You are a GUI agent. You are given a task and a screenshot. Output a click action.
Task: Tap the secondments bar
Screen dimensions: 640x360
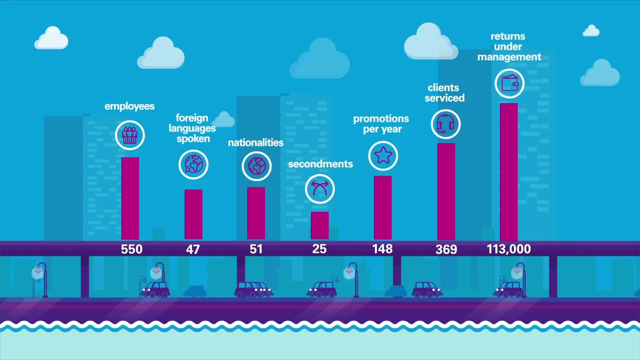319,225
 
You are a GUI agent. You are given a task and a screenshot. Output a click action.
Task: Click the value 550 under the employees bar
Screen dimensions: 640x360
131,249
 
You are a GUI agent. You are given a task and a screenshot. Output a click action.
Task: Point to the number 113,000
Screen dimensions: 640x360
508,249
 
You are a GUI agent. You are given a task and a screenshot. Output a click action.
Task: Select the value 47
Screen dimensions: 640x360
193,249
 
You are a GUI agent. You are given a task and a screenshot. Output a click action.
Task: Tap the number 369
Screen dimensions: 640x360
446,249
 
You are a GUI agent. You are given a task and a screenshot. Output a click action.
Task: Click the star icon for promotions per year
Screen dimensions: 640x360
383,155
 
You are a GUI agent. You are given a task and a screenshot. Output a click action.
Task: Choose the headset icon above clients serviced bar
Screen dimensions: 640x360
445,123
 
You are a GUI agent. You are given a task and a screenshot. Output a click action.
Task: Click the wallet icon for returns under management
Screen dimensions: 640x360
509,83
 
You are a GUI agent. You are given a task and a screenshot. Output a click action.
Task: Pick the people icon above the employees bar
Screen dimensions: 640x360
130,135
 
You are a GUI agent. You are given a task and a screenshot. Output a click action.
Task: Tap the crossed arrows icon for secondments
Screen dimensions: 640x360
320,188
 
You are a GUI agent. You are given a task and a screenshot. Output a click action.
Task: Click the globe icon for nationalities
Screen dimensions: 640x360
256,165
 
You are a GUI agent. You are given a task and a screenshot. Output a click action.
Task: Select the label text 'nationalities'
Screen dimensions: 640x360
255,142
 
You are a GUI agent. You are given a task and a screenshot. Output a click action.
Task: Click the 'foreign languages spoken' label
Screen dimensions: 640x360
192,128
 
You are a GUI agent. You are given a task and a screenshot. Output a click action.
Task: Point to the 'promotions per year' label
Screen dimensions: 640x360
381,123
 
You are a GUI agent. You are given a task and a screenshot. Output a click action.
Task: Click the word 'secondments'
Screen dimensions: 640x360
320,164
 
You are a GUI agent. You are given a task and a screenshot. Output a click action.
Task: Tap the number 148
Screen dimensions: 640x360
382,249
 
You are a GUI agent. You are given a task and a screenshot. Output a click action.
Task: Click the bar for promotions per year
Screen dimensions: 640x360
383,208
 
